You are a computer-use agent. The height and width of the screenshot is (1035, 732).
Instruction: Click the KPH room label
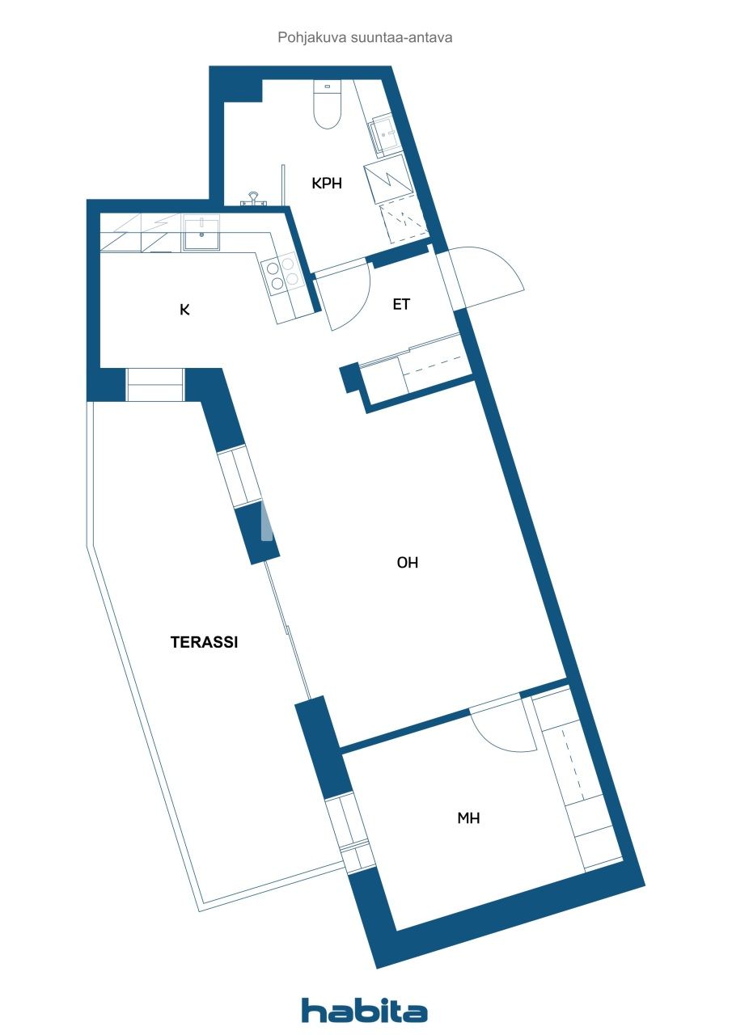coord(327,184)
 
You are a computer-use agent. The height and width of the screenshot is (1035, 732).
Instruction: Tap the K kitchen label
coord(184,309)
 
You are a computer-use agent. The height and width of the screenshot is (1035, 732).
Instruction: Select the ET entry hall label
coord(401,305)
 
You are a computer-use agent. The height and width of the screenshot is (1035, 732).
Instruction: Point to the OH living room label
coord(407,563)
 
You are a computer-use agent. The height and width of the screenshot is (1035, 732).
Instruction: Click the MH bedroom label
coord(468,818)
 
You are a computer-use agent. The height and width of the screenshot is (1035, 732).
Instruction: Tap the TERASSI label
coord(204,642)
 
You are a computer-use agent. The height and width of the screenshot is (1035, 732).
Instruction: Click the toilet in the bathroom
coord(328,105)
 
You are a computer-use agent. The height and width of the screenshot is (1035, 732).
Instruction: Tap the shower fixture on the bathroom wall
coord(254,198)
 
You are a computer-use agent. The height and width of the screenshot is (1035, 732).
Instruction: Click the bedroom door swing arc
coord(501,732)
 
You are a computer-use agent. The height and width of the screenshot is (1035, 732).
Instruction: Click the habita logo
coord(364,1011)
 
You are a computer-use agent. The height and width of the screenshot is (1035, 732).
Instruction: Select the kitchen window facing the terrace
coord(155,385)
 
